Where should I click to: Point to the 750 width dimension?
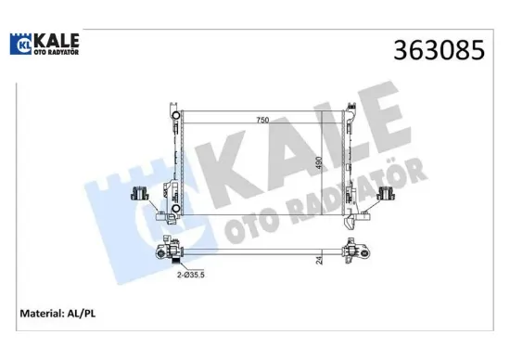pyautogui.click(x=265, y=119)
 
